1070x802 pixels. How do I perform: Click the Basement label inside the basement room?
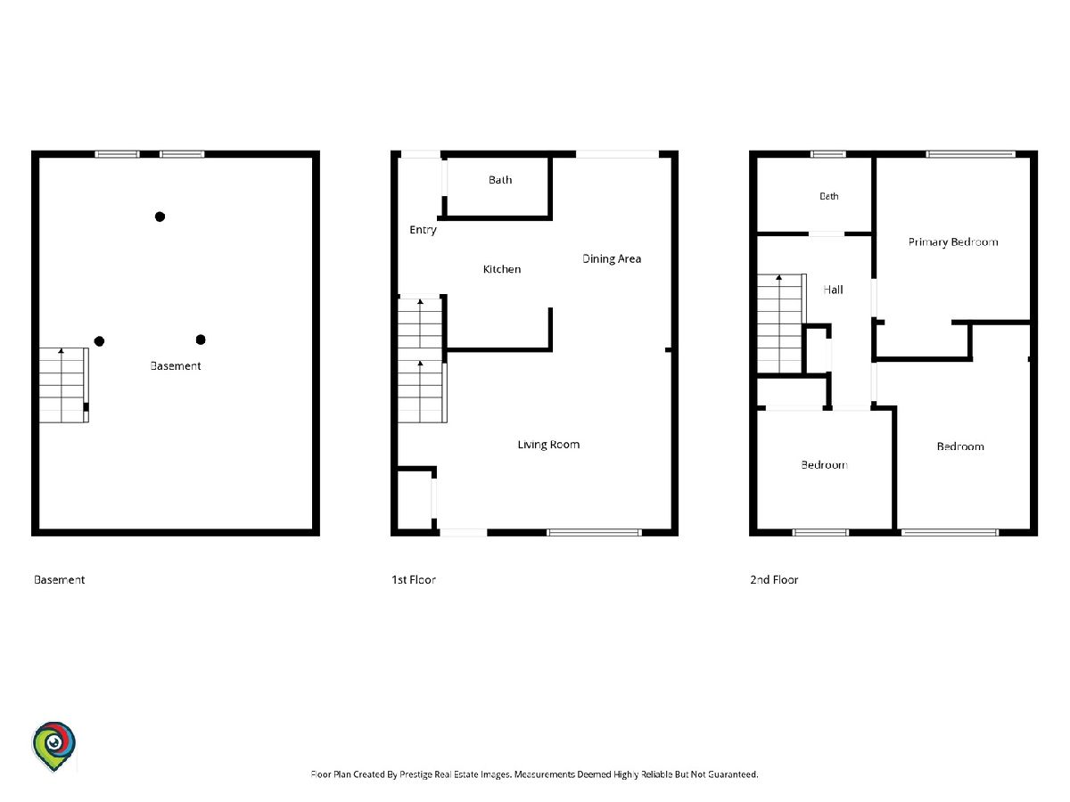click(176, 365)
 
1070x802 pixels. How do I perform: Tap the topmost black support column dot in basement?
click(160, 217)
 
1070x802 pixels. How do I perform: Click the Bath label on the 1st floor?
click(500, 180)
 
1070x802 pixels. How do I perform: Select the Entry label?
click(423, 230)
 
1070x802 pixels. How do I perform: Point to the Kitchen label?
click(502, 269)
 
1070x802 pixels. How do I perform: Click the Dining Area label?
click(612, 258)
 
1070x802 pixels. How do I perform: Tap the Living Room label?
click(548, 445)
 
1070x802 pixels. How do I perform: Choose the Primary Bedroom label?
click(953, 242)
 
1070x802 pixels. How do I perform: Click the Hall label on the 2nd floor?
click(833, 290)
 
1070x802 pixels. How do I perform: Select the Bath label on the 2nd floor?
click(828, 196)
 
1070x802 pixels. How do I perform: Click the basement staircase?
click(64, 385)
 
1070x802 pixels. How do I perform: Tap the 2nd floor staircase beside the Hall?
click(781, 323)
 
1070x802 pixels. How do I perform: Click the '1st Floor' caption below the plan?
click(414, 579)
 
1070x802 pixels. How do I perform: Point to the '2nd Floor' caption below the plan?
click(774, 579)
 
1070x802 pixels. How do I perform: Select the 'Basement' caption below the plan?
click(59, 579)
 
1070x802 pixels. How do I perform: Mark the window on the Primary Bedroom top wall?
click(970, 154)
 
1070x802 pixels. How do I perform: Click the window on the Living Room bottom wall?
click(594, 532)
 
